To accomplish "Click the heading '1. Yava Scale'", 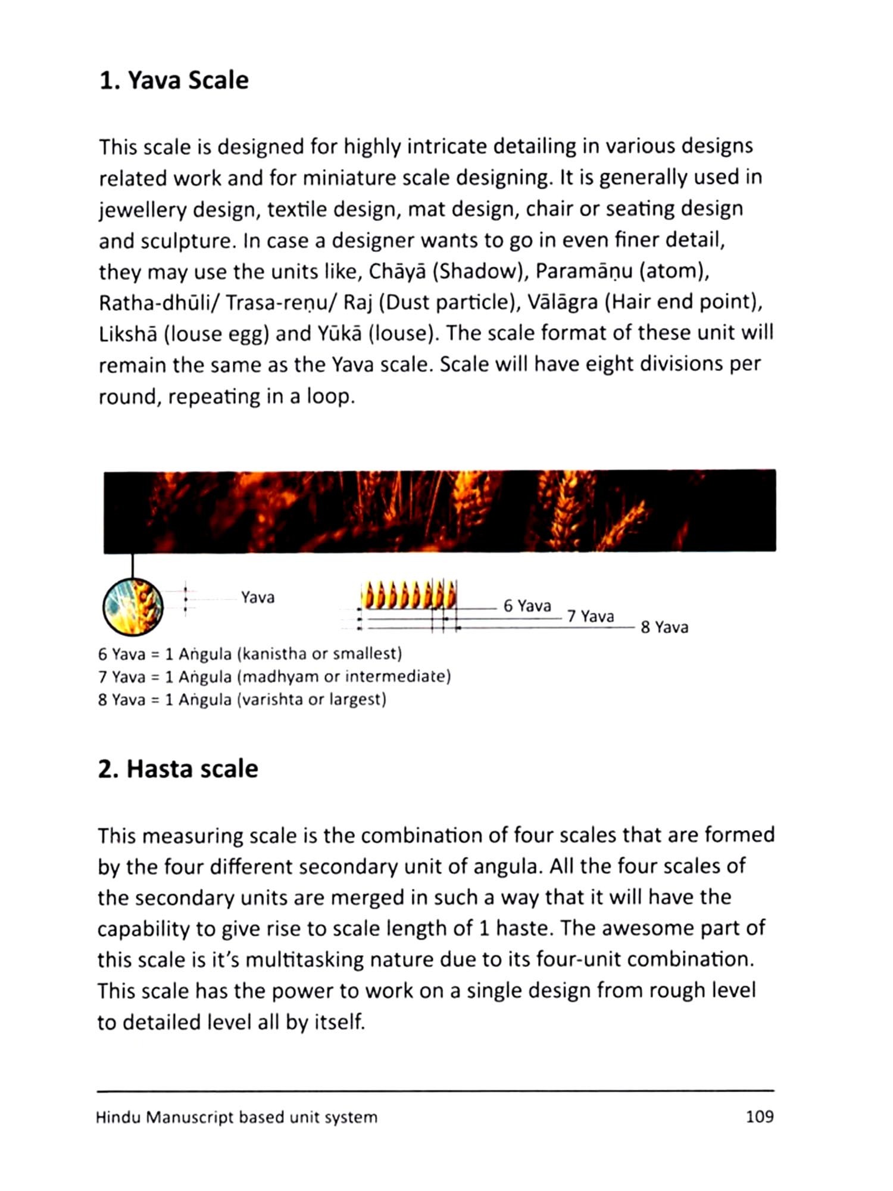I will [174, 80].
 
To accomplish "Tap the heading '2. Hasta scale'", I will [178, 769].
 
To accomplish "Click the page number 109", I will [760, 1117].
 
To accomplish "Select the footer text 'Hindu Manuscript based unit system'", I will [236, 1117].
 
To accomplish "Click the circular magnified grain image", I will [133, 607].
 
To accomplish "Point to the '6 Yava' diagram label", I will [527, 606].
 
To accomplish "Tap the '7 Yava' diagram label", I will [590, 616].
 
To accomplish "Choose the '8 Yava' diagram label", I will [664, 627].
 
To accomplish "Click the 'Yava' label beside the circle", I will [258, 597].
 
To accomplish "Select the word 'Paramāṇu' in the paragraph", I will [584, 272].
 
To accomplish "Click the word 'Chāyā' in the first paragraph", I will [398, 272].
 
